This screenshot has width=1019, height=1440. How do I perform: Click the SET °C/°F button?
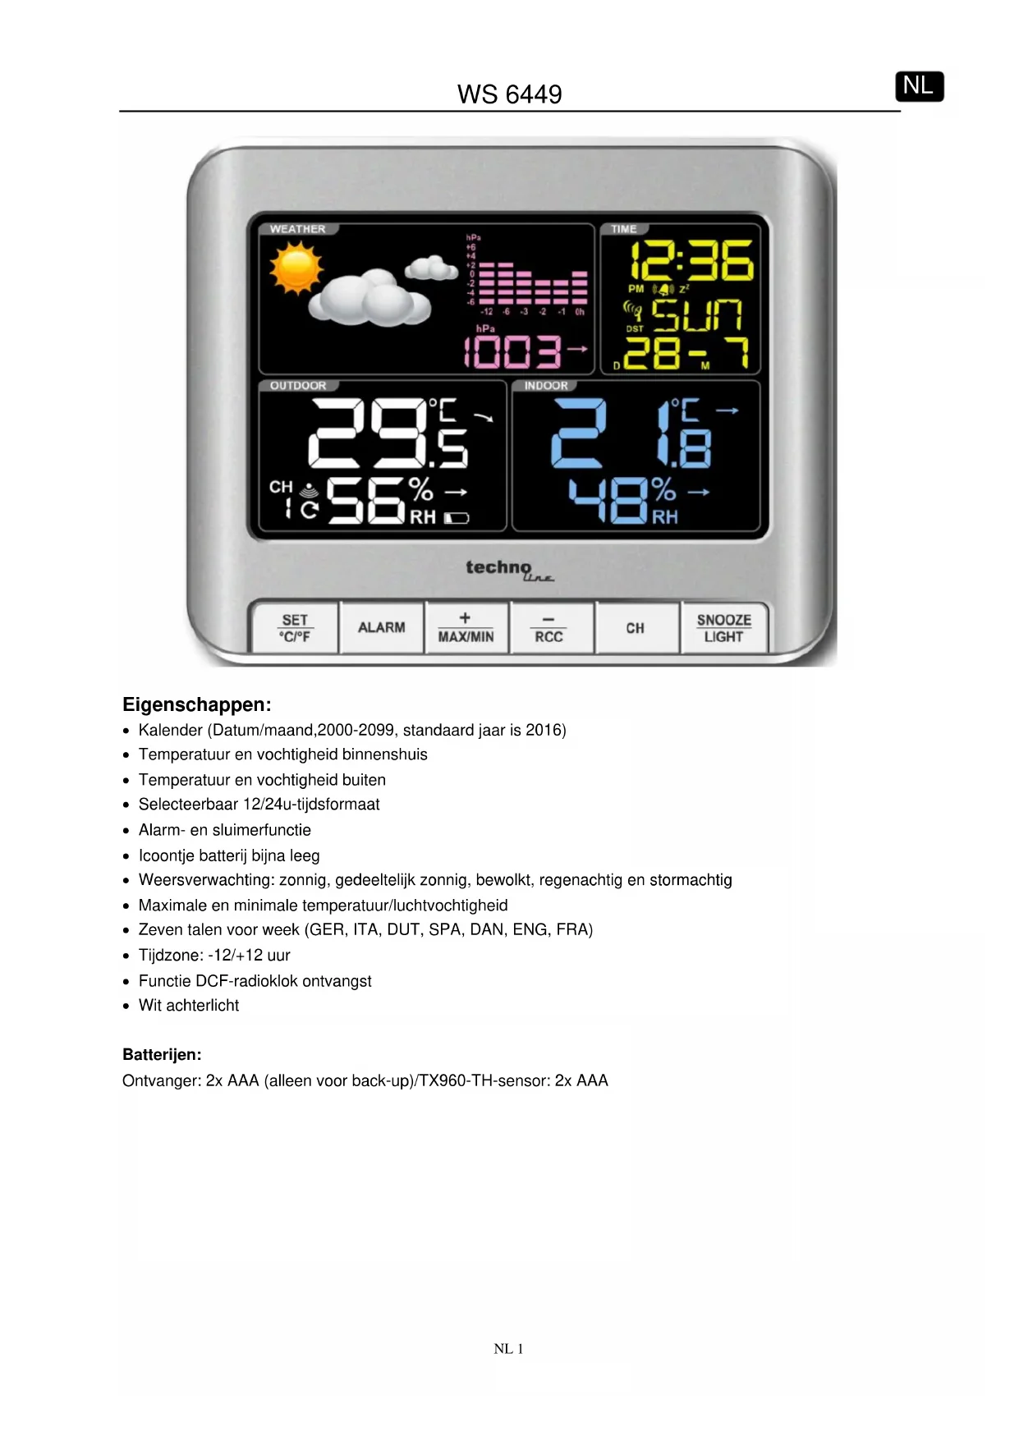pos(295,628)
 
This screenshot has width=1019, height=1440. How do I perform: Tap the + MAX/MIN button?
pos(466,628)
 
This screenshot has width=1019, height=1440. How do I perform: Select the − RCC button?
pos(549,629)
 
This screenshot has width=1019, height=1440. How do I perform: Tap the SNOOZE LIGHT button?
pos(723,628)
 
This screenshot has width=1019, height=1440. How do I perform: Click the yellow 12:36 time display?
pos(691,261)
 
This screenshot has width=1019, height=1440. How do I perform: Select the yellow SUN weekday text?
pos(697,315)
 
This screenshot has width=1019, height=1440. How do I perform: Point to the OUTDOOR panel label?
pos(298,386)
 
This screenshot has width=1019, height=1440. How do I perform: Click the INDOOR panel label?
pos(546,386)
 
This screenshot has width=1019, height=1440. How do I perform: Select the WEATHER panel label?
pos(297,229)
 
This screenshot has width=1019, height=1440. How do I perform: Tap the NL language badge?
pos(919,86)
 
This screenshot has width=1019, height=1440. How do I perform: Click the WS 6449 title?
pos(509,94)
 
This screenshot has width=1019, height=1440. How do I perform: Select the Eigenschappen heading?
pos(196,704)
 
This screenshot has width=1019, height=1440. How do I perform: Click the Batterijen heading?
pos(162,1055)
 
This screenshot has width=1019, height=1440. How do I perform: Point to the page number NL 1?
pos(508,1349)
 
